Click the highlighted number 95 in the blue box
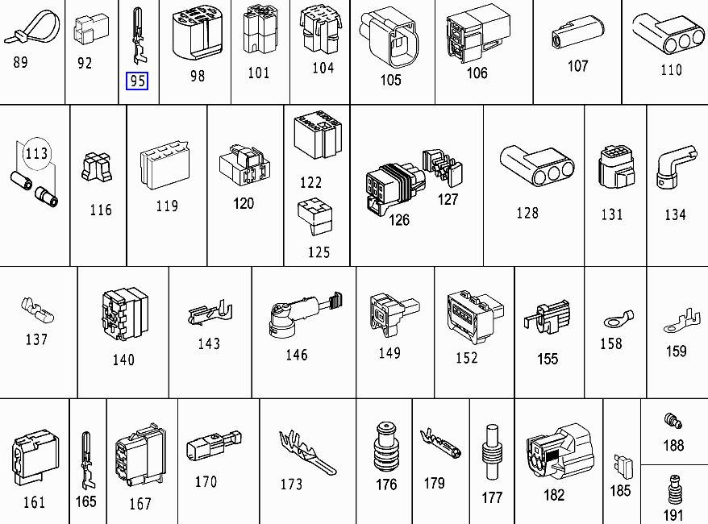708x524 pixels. (x=137, y=81)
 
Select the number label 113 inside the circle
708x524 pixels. (x=36, y=152)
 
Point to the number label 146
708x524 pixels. (x=297, y=355)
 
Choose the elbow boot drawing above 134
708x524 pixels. (x=674, y=166)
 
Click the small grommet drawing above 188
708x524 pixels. (x=672, y=420)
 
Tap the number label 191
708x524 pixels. (x=673, y=515)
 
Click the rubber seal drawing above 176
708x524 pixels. (x=386, y=446)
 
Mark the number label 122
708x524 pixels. (x=310, y=183)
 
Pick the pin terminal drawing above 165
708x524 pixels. (x=86, y=460)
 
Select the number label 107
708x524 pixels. (x=577, y=66)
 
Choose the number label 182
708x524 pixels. (x=554, y=495)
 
